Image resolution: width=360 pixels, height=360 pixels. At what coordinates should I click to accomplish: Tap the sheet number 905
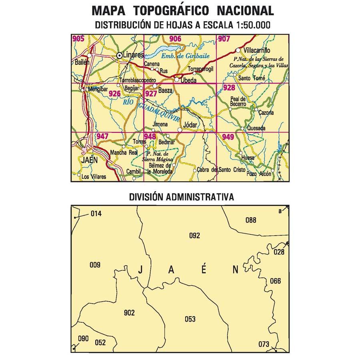(x=78, y=39)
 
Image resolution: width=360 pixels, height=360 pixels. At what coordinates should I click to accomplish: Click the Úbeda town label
(x=189, y=80)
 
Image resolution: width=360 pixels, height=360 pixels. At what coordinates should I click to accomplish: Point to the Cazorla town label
(x=266, y=113)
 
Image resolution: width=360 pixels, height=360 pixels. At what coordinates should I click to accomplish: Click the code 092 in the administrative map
(x=194, y=236)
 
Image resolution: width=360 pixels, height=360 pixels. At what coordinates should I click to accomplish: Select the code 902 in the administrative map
(x=130, y=313)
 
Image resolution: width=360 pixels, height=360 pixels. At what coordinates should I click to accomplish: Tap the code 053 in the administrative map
(x=190, y=319)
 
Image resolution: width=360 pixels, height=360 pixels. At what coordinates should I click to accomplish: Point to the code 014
(x=96, y=214)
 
